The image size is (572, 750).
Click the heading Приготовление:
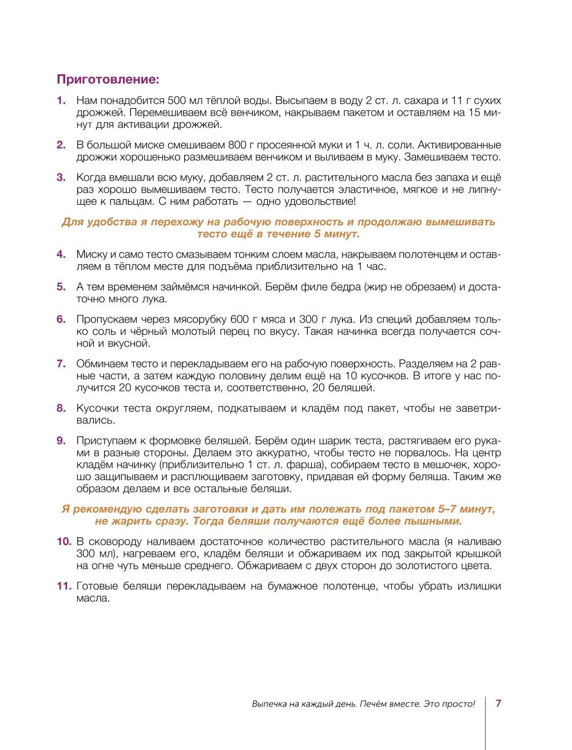point(107,78)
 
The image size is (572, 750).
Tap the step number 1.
point(61,101)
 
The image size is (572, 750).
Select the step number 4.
point(61,254)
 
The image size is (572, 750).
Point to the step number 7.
point(61,364)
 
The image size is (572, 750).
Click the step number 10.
point(63,541)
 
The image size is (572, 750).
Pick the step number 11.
point(63,586)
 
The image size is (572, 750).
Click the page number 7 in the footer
point(498,703)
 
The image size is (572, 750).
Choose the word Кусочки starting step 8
point(97,408)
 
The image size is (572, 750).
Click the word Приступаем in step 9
point(105,441)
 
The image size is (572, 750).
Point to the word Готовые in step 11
point(97,586)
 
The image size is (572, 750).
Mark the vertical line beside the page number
point(486,721)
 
